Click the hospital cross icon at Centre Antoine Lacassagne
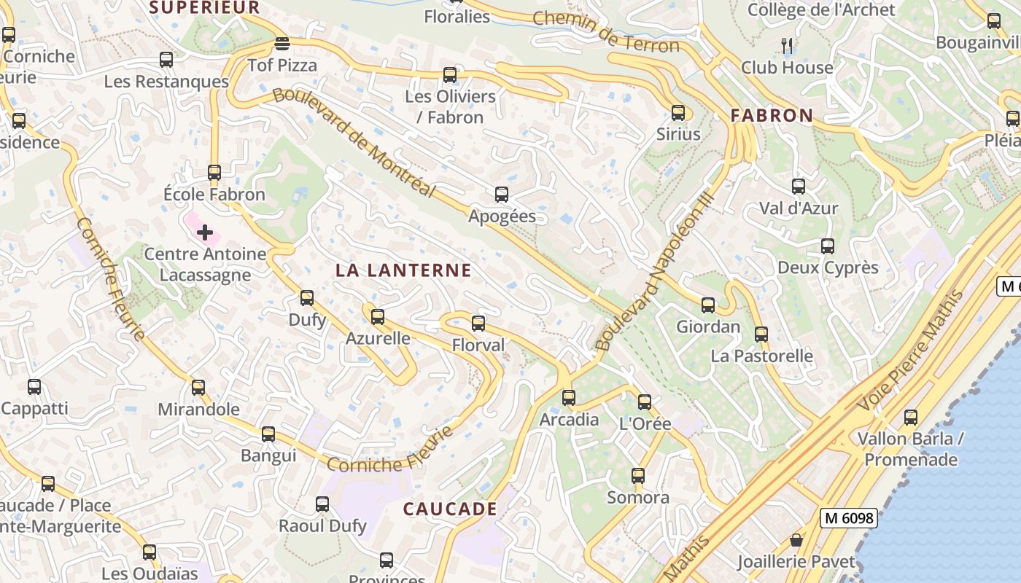click(205, 232)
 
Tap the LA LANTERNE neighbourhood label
click(403, 270)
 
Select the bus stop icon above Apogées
click(502, 195)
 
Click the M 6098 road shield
click(848, 518)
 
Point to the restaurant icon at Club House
click(787, 46)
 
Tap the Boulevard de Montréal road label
click(354, 143)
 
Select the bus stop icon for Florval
click(478, 324)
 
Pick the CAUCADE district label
click(450, 509)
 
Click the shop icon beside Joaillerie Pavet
click(796, 540)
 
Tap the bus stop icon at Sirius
click(678, 113)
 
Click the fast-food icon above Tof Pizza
click(282, 44)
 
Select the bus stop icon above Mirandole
click(198, 388)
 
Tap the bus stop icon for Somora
click(638, 476)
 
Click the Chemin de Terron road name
click(606, 31)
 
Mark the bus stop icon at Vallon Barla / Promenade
click(910, 418)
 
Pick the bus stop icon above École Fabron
click(214, 173)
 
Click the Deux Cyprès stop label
click(828, 267)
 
